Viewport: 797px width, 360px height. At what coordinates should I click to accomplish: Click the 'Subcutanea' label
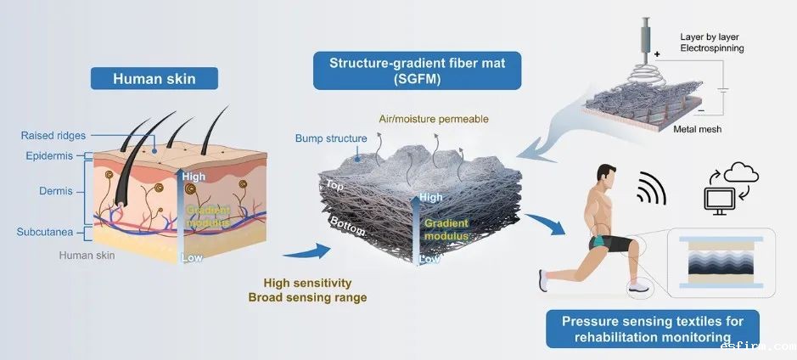pos(44,231)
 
